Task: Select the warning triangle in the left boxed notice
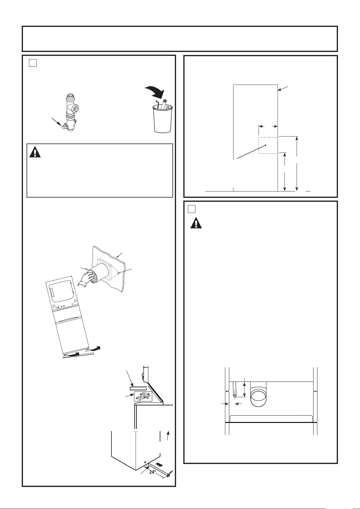click(35, 152)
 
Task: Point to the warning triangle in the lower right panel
click(196, 223)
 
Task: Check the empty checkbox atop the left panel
click(33, 63)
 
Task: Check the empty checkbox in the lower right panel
click(192, 209)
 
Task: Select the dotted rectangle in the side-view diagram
click(268, 145)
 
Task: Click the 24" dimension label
click(153, 472)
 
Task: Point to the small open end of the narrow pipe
click(235, 396)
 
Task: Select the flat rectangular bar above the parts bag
click(138, 388)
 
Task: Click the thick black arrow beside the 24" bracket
click(159, 464)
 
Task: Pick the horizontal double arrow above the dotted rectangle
click(268, 126)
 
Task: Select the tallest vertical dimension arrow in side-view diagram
click(297, 164)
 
